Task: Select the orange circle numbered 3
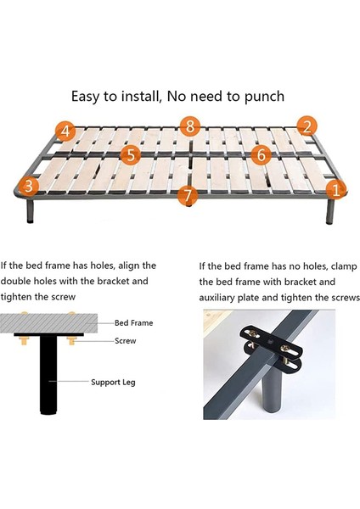pos(30,185)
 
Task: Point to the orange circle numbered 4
pos(66,131)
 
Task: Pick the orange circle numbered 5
pos(130,154)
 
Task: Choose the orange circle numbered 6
pos(262,154)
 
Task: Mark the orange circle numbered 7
pos(188,195)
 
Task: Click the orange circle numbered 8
pos(189,126)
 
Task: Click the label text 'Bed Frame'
pos(134,323)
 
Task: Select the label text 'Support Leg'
pos(117,383)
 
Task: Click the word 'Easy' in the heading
pos(88,95)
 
